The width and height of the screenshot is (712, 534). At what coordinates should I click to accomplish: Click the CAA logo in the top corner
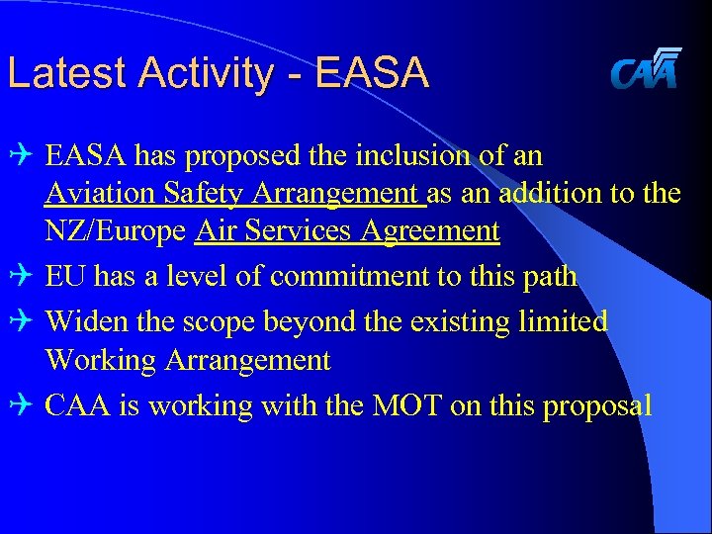tap(645, 68)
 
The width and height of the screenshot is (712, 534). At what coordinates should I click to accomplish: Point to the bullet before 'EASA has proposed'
tap(24, 156)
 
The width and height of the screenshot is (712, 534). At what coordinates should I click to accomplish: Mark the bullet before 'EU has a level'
tap(24, 277)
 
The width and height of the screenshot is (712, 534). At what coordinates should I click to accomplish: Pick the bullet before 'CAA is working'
tap(24, 405)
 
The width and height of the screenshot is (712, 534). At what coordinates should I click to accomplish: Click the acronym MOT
tap(404, 405)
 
